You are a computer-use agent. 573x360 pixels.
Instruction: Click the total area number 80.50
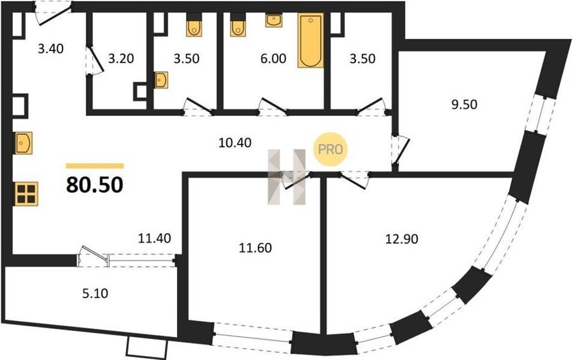(95, 185)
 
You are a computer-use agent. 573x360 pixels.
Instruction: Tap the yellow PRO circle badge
(330, 150)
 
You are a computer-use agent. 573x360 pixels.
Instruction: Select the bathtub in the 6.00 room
(311, 41)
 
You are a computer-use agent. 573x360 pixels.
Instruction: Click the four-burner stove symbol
(26, 194)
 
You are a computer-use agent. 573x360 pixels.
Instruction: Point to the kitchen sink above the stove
(24, 143)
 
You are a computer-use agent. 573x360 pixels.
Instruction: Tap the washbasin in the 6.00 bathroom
(274, 20)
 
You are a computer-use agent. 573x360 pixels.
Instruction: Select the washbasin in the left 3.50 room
(161, 80)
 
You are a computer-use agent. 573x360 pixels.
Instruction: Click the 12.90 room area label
(402, 239)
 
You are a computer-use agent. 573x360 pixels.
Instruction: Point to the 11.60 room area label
(255, 248)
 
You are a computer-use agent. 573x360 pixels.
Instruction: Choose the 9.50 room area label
(464, 104)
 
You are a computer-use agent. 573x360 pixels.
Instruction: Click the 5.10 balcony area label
(95, 293)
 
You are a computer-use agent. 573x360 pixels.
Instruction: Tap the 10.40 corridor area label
(234, 142)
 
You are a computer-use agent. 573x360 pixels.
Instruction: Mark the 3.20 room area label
(121, 59)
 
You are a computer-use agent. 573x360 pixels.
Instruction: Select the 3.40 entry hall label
(51, 48)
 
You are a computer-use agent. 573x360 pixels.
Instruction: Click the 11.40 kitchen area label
(155, 238)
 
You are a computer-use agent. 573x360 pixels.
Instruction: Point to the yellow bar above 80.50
(95, 166)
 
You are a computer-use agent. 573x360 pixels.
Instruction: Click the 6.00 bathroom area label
(273, 59)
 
